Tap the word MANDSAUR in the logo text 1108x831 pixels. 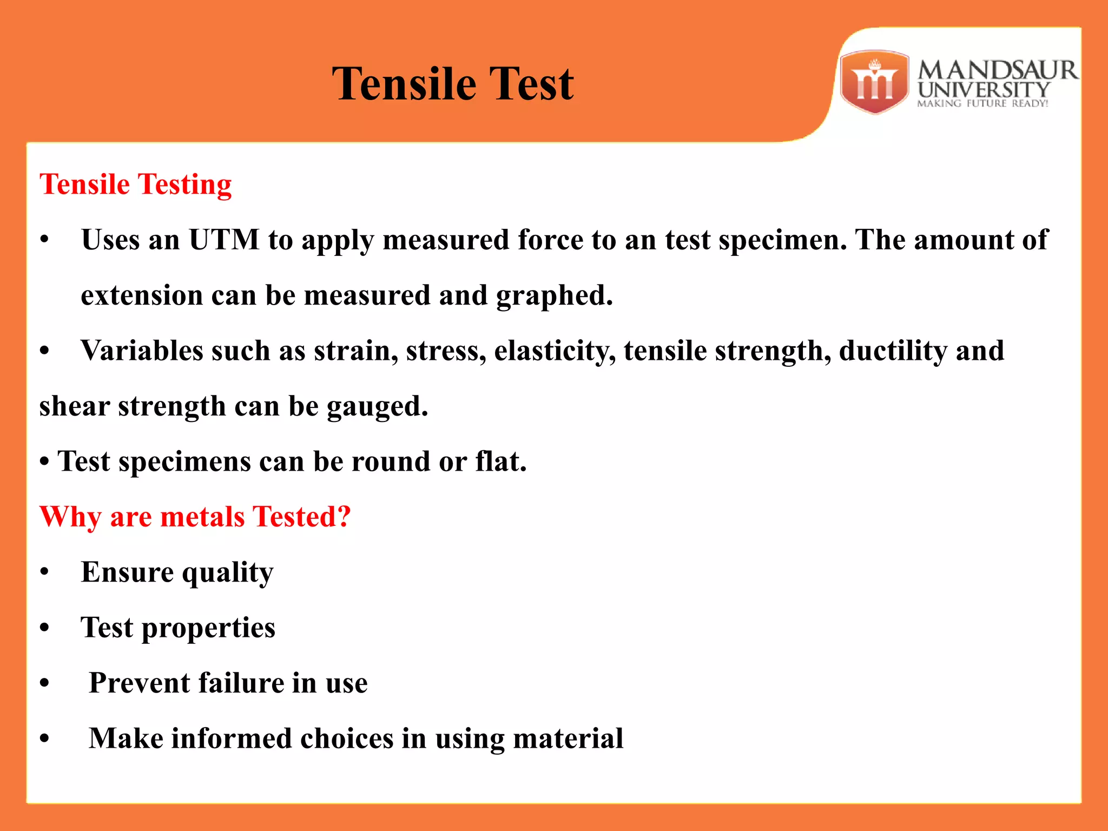[997, 70]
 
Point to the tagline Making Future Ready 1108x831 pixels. [982, 103]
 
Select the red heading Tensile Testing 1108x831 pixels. [135, 184]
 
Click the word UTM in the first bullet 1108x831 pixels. [224, 240]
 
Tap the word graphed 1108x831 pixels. [554, 295]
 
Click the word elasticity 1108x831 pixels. [554, 351]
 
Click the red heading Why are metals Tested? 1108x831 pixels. [195, 517]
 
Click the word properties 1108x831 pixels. [208, 628]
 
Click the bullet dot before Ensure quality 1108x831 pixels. [45, 573]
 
